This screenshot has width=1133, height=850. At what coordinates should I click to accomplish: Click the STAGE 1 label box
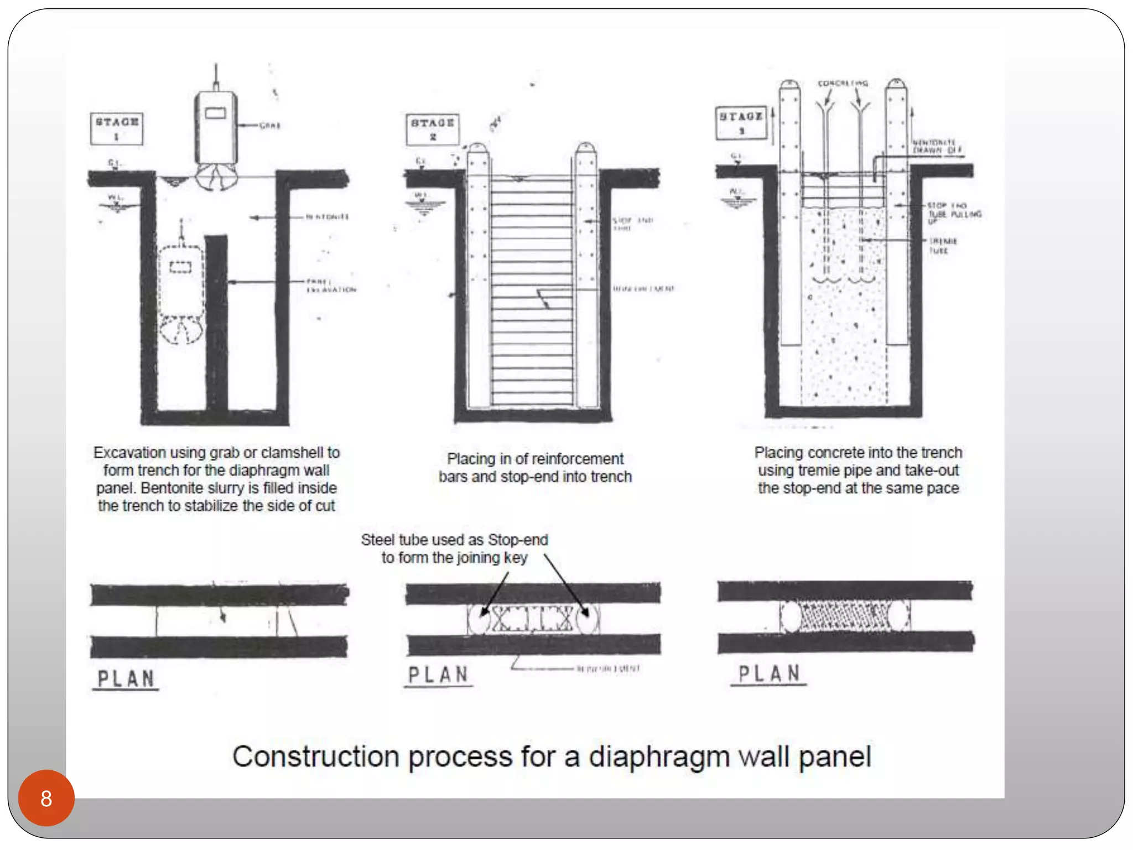pos(117,128)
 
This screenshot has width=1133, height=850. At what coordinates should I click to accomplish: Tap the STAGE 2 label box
pos(433,129)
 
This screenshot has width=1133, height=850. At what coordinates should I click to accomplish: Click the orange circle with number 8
pos(46,798)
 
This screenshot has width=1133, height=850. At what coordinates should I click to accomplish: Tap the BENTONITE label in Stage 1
pos(328,217)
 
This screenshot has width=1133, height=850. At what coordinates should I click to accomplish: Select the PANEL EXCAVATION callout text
pos(331,286)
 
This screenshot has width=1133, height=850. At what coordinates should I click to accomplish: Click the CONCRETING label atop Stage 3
pos(843,84)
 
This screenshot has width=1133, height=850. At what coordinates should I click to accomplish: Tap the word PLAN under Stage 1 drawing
pos(126,679)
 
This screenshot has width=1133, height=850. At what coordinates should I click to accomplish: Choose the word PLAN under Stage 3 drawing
pos(769,673)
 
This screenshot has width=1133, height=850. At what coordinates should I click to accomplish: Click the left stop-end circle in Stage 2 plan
pos(480,619)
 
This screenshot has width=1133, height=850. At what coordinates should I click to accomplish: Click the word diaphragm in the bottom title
pos(659,756)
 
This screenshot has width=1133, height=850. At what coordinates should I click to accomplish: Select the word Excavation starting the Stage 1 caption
pos(129,453)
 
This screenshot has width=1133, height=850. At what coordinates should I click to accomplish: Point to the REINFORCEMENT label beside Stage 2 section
pos(643,289)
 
